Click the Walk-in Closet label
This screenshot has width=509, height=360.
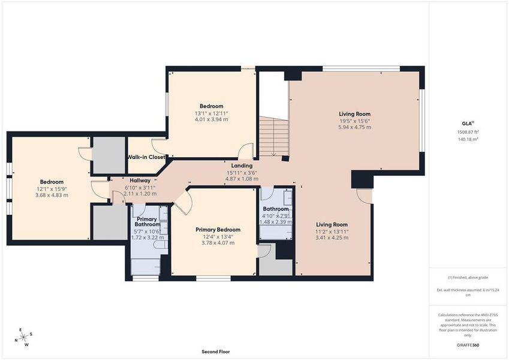[x=146, y=157]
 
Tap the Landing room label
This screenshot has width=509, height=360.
[x=242, y=166]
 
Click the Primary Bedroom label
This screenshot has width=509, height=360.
[x=218, y=229]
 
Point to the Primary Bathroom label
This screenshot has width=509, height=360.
[x=147, y=222]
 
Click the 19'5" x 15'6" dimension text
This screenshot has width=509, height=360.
[x=354, y=121]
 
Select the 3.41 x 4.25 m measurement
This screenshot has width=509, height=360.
[x=332, y=238]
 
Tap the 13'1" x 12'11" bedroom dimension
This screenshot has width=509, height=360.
[x=211, y=113]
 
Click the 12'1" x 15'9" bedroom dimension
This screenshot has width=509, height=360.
[x=52, y=188]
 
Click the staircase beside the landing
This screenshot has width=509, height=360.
[x=273, y=136]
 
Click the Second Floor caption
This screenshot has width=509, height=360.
[x=215, y=352]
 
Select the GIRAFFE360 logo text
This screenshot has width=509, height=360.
[x=468, y=345]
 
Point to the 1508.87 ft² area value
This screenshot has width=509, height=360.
[x=468, y=132]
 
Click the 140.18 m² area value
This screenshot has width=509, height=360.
[x=468, y=139]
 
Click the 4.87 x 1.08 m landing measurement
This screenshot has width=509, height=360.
[x=242, y=179]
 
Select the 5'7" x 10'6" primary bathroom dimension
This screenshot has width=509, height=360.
[x=147, y=232]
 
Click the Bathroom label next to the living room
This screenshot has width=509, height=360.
[x=276, y=209]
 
